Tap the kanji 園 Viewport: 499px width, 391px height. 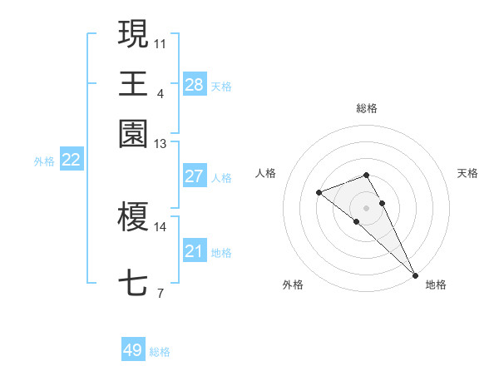coord(133,133)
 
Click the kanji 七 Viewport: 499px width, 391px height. coord(133,283)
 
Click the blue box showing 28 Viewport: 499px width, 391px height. coord(194,84)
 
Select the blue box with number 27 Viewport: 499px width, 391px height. coord(194,176)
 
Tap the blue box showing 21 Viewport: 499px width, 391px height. coord(194,251)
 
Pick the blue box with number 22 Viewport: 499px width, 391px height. coord(71,161)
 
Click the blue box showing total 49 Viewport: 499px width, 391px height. coord(132,350)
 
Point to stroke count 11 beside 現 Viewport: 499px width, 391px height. coord(161,42)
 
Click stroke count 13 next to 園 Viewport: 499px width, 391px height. coord(161,144)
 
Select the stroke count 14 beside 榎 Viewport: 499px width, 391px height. coord(161,226)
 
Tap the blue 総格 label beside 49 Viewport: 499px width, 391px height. coord(160,352)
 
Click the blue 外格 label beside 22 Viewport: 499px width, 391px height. coord(44,161)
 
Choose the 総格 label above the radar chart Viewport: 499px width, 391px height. coord(367,108)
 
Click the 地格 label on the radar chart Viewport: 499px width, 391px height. coord(436,285)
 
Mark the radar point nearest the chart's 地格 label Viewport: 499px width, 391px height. coord(415,275)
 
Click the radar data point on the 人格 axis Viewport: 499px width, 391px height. coord(319,193)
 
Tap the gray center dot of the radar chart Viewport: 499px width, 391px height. coord(367,207)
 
